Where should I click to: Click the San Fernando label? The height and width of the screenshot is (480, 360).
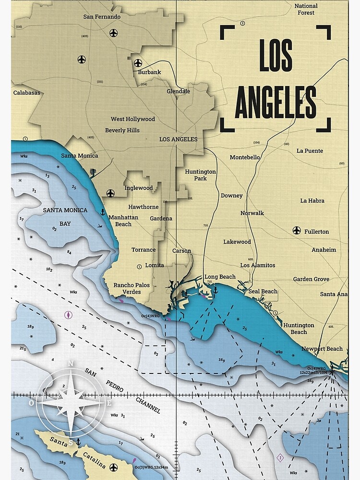[x=102, y=17]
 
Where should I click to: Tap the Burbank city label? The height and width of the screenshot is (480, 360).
[x=149, y=72]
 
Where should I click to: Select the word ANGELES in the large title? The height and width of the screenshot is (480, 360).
[x=276, y=102]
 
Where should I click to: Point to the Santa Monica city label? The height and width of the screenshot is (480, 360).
[x=79, y=156]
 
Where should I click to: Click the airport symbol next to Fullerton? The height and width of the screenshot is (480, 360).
[x=296, y=231]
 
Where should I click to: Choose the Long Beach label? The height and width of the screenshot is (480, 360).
[x=220, y=277]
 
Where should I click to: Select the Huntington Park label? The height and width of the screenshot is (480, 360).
[x=201, y=175]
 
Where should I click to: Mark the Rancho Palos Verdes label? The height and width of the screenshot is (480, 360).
[x=131, y=288]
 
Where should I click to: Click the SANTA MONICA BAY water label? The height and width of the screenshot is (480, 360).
[x=65, y=216]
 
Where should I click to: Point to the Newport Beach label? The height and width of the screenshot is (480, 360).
[x=322, y=349]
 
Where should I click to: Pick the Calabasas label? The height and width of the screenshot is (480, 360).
[x=26, y=93]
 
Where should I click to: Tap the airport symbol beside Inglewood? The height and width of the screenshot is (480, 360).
[x=111, y=193]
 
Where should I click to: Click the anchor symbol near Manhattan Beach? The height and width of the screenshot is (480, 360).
[x=102, y=212]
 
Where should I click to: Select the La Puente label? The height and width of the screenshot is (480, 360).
[x=310, y=151]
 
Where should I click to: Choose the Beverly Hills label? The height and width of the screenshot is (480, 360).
[x=122, y=130]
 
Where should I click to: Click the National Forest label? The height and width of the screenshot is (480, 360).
[x=306, y=9]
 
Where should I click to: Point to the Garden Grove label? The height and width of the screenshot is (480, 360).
[x=311, y=279]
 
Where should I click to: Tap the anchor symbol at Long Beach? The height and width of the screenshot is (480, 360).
[x=216, y=290]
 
